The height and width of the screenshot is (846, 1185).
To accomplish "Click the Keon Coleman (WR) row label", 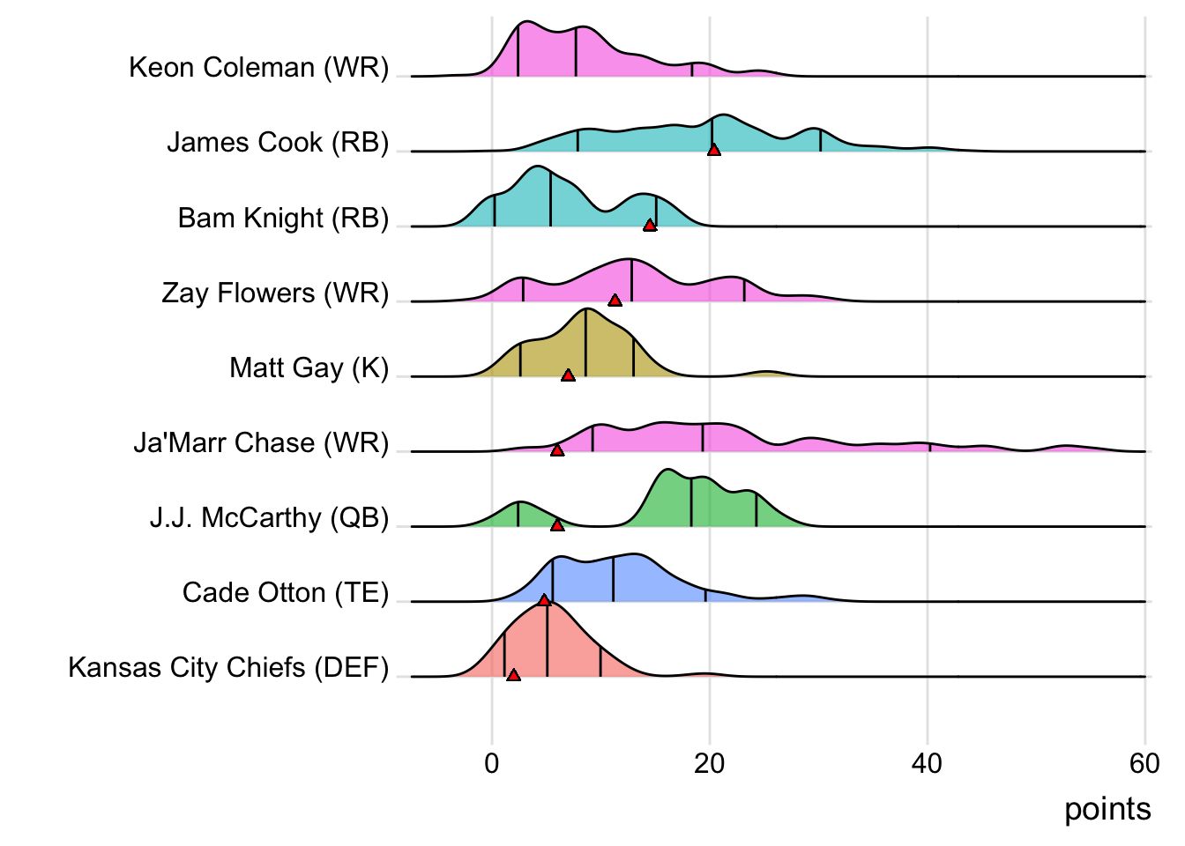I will click(x=258, y=68).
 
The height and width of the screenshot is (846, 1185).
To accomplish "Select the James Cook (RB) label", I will click(x=278, y=143).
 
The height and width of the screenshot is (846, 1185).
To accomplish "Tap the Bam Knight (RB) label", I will click(x=283, y=218).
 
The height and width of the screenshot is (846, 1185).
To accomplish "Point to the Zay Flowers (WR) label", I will click(x=275, y=293).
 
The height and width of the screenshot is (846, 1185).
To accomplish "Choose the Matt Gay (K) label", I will click(x=309, y=367).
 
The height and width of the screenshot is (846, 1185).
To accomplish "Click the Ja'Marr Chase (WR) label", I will click(x=261, y=442).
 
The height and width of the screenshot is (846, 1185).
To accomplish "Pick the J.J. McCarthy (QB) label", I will click(x=269, y=517).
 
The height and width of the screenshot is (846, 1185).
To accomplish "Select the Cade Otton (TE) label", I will click(x=286, y=592).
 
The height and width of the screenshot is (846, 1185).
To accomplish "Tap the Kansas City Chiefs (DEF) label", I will click(x=228, y=668).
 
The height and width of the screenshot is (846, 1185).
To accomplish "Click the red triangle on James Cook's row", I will click(x=714, y=150).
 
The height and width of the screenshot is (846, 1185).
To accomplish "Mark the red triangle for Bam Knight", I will click(x=650, y=226).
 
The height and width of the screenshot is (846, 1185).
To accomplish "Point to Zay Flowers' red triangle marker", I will click(x=615, y=301).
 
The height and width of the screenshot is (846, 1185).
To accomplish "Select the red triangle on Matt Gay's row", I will click(x=569, y=375).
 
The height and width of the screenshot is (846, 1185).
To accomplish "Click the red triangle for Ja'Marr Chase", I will click(x=557, y=450).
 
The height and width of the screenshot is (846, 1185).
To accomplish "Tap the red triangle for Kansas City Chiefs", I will click(x=513, y=675).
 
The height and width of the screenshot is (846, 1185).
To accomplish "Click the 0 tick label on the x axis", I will click(x=492, y=763).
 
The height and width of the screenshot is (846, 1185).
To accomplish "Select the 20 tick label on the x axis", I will click(x=709, y=763).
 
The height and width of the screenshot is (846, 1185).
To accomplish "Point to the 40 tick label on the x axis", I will click(x=927, y=763).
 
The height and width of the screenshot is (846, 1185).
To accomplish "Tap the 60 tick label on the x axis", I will click(x=1144, y=763).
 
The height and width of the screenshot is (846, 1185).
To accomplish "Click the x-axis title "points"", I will click(x=1107, y=809).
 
